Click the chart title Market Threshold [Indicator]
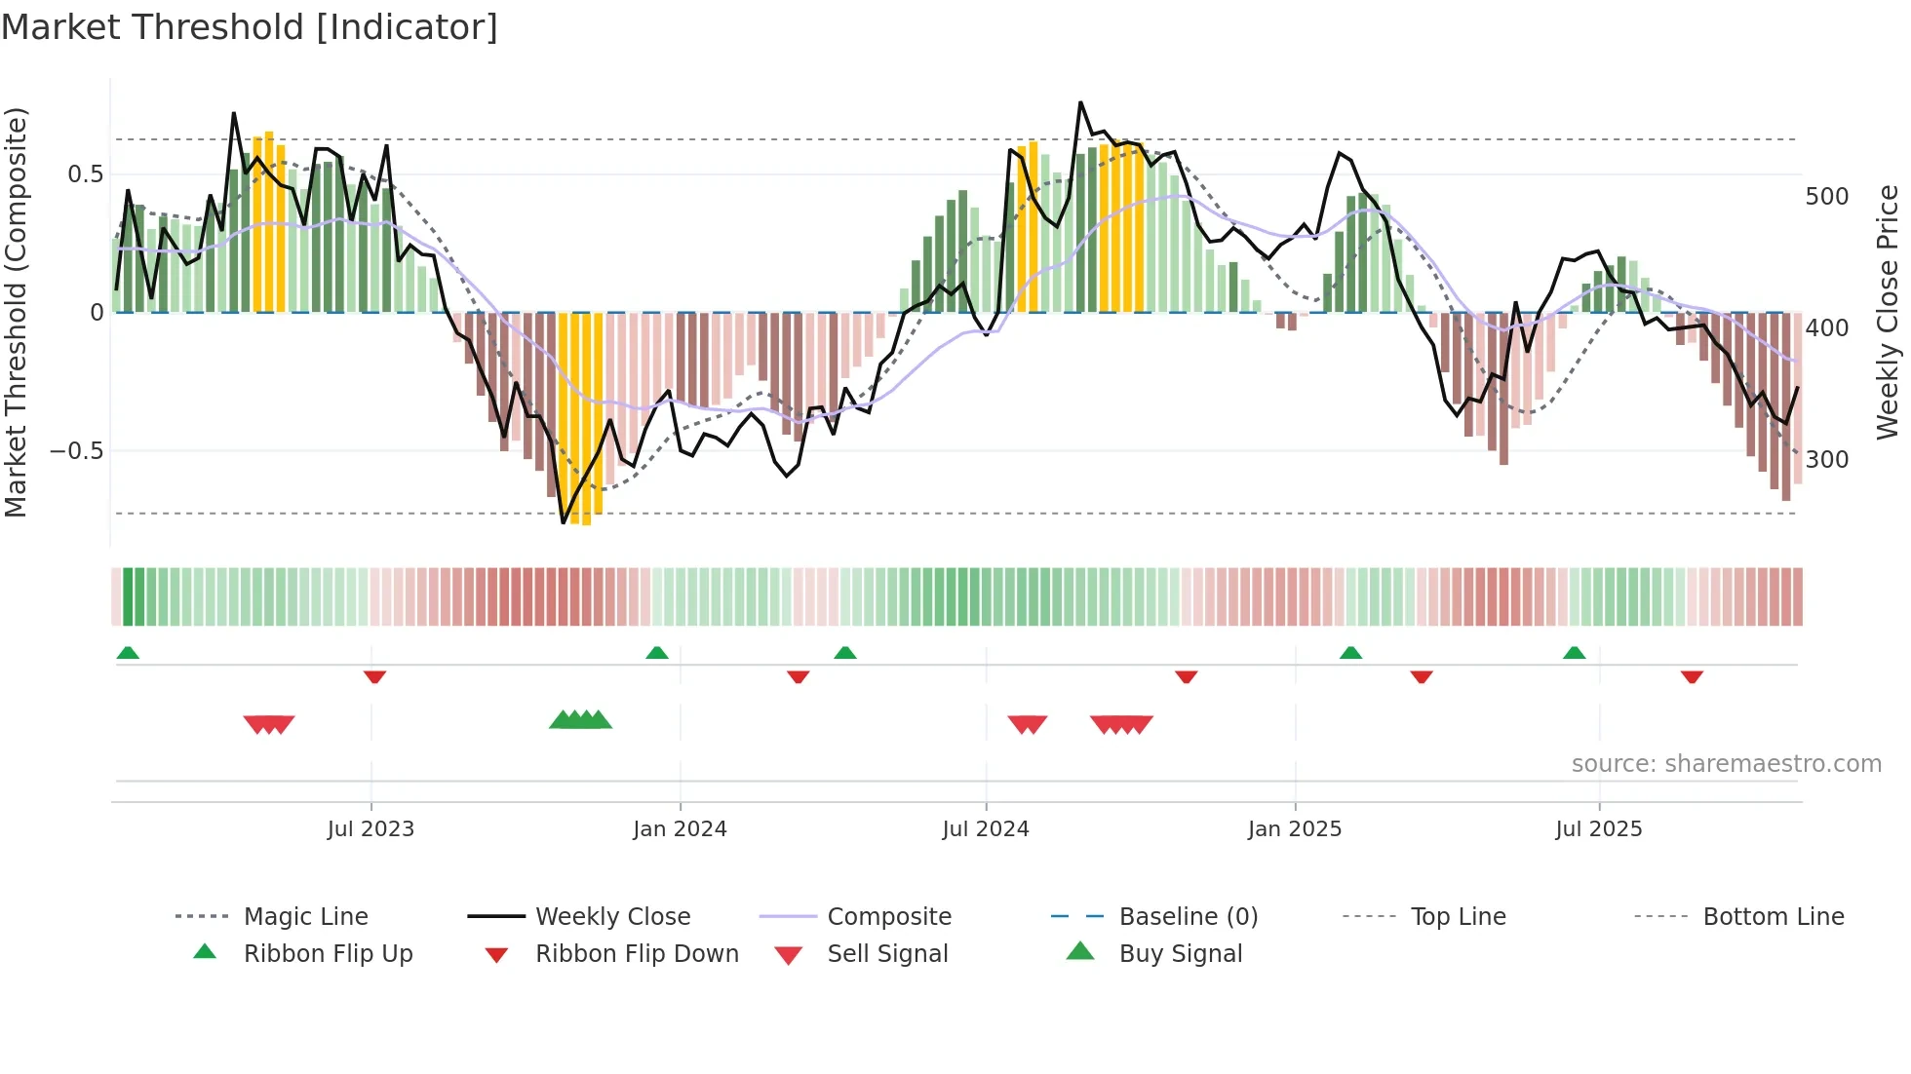click(x=250, y=27)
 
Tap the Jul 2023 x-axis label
click(x=370, y=829)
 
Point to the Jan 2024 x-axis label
click(x=680, y=829)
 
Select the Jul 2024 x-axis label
click(x=986, y=829)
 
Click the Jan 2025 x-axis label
click(x=1295, y=829)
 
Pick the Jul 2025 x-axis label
click(x=1599, y=829)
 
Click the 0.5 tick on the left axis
click(x=85, y=174)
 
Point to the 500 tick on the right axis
click(x=1827, y=197)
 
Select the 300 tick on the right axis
click(x=1827, y=460)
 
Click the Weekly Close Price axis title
click(x=1888, y=312)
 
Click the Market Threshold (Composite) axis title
click(x=16, y=312)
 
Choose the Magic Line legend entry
click(x=305, y=917)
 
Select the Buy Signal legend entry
click(x=1180, y=954)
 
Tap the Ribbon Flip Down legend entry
click(x=637, y=954)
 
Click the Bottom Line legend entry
click(x=1773, y=917)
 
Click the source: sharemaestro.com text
click(x=1726, y=764)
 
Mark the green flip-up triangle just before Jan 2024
click(x=657, y=653)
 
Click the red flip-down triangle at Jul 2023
click(x=374, y=676)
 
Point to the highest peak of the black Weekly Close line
click(x=1080, y=102)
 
